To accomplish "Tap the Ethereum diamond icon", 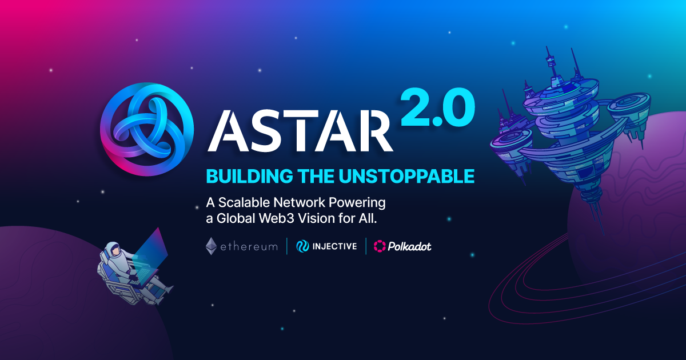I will pyautogui.click(x=212, y=246).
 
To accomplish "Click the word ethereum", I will pyautogui.click(x=250, y=247).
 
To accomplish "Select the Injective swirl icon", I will pyautogui.click(x=302, y=246).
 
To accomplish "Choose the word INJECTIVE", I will pyautogui.click(x=335, y=247).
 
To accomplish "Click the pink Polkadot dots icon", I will pyautogui.click(x=380, y=246).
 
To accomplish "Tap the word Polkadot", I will pyautogui.click(x=410, y=247).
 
